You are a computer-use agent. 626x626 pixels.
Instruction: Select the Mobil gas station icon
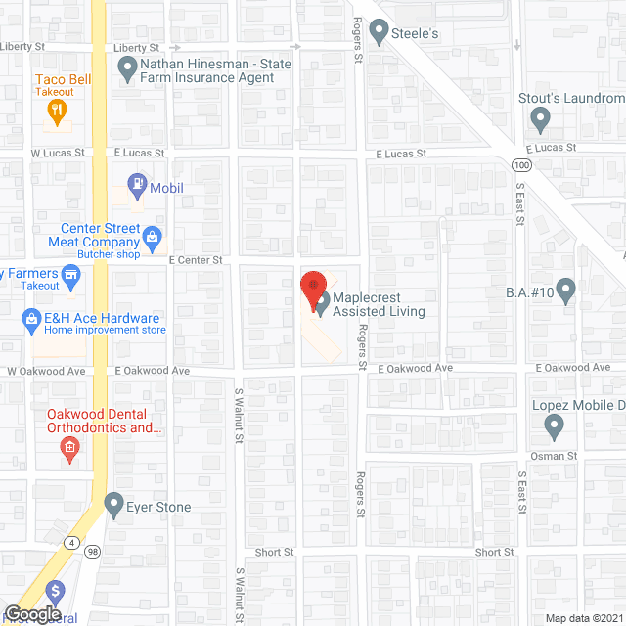tap(139, 183)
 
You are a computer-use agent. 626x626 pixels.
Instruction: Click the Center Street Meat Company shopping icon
tap(153, 236)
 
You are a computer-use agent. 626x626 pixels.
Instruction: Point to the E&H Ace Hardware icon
tap(30, 318)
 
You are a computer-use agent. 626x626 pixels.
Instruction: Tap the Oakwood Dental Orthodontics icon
tap(69, 449)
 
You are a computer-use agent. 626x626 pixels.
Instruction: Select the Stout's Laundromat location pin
tap(539, 120)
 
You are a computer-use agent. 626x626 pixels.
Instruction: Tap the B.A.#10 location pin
tap(566, 291)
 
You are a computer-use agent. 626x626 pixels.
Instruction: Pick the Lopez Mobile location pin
tap(554, 426)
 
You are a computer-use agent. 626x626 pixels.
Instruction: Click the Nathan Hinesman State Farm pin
tap(126, 68)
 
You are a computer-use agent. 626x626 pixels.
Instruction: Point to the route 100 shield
tap(514, 165)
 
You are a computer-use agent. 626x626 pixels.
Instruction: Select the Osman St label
tap(555, 456)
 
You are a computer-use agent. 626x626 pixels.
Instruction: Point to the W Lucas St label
tap(52, 154)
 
